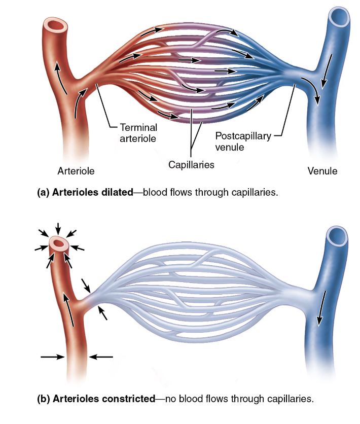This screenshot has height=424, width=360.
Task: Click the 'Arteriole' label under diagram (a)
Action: click(77, 170)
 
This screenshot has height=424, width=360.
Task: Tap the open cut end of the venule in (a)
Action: click(339, 17)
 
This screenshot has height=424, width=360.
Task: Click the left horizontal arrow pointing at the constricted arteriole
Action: click(52, 357)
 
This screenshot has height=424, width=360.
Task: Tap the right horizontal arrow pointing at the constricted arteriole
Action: click(101, 357)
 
